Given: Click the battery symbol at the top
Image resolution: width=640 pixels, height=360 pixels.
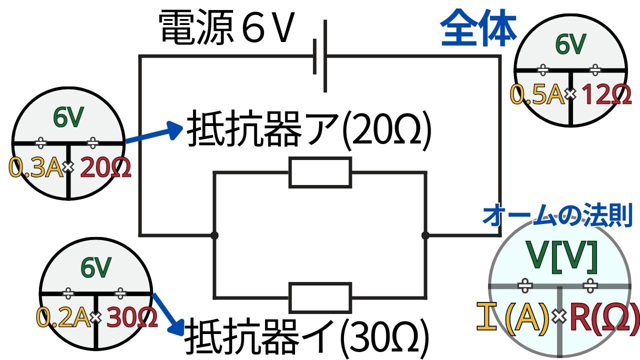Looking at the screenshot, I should [320, 56].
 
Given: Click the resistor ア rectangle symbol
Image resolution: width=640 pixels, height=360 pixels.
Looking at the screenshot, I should [320, 172].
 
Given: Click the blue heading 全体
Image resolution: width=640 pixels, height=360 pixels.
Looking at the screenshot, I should [479, 28].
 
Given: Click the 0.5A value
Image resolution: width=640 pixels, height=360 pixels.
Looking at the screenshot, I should [537, 94].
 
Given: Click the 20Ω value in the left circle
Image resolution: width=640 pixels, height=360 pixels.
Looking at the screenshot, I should [105, 168].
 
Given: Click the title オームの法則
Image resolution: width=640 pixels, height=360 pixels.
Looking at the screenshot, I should [557, 215].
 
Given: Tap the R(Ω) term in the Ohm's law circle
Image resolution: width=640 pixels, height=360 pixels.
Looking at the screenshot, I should [604, 316].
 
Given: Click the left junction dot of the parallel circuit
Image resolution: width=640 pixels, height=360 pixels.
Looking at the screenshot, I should [214, 234].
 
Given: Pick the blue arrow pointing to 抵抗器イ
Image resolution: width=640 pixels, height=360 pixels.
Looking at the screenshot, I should [169, 313].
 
